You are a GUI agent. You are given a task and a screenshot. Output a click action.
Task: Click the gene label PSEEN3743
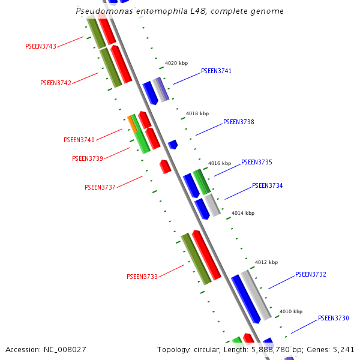(41, 46)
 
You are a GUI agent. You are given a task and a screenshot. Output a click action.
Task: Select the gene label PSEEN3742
(56, 83)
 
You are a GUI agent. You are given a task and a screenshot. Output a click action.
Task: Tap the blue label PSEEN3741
(216, 71)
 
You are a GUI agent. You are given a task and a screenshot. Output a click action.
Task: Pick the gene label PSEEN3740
(79, 140)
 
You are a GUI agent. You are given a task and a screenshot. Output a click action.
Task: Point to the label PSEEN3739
(88, 158)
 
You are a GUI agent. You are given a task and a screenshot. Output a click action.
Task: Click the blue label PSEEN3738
(239, 122)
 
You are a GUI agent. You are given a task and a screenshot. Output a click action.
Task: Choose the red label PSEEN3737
(100, 187)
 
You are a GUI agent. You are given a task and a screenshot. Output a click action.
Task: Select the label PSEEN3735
(257, 163)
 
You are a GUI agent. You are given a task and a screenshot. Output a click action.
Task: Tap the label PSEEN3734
(267, 185)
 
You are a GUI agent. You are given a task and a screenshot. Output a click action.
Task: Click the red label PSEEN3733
(142, 277)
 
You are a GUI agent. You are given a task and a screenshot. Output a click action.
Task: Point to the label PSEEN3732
(311, 274)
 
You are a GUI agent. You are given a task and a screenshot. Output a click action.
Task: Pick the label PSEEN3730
(334, 318)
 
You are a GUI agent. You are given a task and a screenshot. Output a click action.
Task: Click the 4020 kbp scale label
(176, 63)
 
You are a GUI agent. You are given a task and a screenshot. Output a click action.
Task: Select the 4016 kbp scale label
(220, 163)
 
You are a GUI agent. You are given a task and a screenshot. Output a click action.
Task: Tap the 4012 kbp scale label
(266, 262)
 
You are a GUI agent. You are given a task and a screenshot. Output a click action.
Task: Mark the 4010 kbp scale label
(291, 311)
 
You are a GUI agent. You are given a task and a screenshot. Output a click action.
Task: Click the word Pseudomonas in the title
(104, 11)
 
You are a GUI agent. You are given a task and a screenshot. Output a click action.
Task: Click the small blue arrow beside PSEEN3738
(173, 145)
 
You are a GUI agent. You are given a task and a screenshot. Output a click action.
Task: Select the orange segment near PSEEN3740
(132, 124)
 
